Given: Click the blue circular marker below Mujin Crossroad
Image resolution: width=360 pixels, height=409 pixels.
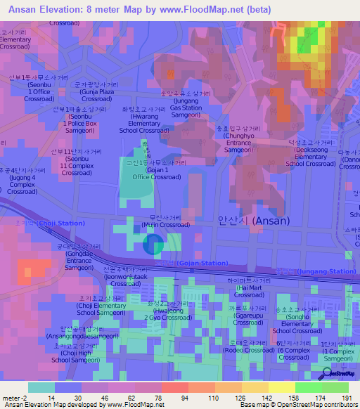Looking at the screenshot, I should [x=154, y=245].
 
